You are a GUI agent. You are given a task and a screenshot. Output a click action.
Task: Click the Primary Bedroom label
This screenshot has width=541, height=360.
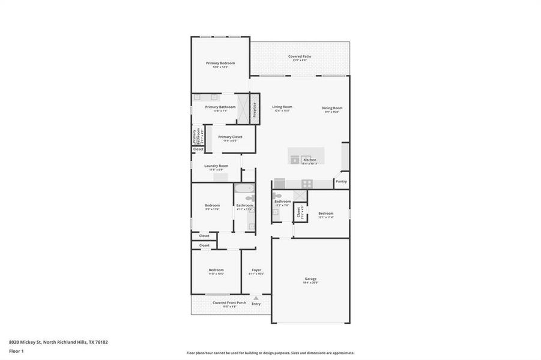click(x=220, y=63)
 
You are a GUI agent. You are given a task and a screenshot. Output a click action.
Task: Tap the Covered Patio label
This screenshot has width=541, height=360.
click(x=299, y=56)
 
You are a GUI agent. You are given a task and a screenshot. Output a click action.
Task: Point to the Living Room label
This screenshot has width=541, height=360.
click(x=282, y=107)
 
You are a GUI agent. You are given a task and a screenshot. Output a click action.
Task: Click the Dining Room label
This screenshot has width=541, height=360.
click(x=333, y=108)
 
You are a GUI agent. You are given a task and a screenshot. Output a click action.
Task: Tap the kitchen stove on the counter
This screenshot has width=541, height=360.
click(x=307, y=184)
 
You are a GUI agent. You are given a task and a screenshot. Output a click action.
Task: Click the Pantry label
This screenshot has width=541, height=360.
click(x=341, y=181)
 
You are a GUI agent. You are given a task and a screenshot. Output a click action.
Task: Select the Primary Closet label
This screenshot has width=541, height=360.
click(x=230, y=137)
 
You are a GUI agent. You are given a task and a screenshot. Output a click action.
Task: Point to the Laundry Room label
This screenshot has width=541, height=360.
click(x=216, y=166)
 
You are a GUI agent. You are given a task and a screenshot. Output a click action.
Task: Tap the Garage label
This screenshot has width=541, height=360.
click(x=310, y=279)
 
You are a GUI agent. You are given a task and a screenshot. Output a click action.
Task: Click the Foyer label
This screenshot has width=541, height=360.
click(x=256, y=270)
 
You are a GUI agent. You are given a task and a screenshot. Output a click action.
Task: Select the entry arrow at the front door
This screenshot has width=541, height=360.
click(x=256, y=298)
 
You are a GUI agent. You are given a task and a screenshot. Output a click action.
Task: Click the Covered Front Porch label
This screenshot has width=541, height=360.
click(x=229, y=302)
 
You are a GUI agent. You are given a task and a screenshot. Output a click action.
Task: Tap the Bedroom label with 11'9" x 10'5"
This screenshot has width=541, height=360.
click(x=216, y=270)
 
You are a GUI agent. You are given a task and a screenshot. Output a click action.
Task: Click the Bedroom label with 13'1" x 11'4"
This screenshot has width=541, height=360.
click(x=325, y=214)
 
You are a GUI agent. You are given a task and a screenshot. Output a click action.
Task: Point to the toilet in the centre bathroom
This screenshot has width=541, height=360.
click(x=276, y=196)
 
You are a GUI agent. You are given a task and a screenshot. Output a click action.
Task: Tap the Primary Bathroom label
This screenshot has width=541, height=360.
click(x=220, y=107)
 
